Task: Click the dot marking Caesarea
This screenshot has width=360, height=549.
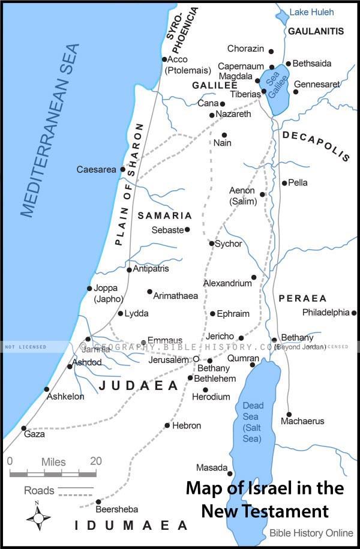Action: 122,169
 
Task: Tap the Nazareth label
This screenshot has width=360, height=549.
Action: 233,114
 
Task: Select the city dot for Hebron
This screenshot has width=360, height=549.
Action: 167,425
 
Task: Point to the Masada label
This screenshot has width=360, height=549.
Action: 211,467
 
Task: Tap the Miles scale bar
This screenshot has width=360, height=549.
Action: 53,474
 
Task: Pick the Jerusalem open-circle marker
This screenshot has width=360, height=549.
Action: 196,359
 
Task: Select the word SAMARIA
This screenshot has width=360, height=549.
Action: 165,215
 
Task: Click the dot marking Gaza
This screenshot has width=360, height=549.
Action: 24,428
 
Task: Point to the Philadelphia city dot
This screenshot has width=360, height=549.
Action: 354,313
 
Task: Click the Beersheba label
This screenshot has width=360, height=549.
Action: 117,509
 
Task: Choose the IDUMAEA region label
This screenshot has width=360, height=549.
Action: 131,526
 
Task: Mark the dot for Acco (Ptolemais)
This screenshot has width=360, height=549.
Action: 164,59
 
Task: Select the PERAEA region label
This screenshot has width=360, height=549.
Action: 302,298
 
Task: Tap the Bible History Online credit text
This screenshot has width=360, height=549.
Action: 311,533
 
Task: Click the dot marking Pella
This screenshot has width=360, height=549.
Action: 284,182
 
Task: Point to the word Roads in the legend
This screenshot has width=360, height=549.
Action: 38,491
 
